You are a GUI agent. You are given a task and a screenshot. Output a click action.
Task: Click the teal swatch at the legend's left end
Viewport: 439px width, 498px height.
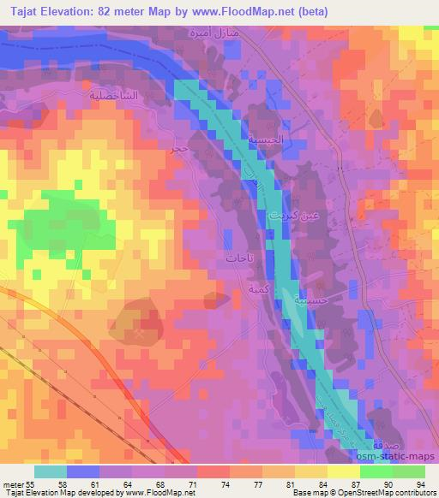tap(51, 471)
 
